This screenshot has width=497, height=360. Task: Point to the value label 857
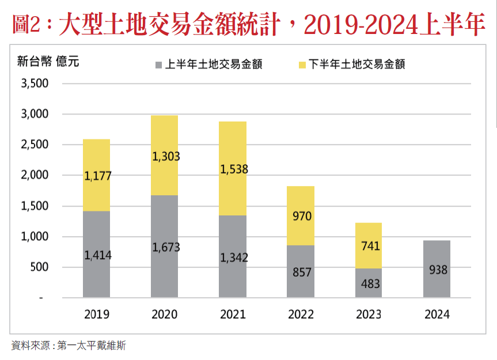coord(301,271)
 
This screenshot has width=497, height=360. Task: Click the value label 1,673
coord(166,247)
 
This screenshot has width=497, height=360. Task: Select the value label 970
coord(301,217)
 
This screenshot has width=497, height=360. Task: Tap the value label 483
coord(369,283)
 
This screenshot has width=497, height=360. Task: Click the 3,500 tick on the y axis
coord(34,84)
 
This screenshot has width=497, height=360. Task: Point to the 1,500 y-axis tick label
coord(34,206)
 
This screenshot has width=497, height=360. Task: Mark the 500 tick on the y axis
coord(39,267)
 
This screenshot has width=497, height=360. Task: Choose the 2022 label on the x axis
coord(301,314)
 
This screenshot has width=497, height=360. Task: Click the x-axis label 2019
coord(97,314)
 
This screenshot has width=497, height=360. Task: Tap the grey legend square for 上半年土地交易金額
coord(158,65)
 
